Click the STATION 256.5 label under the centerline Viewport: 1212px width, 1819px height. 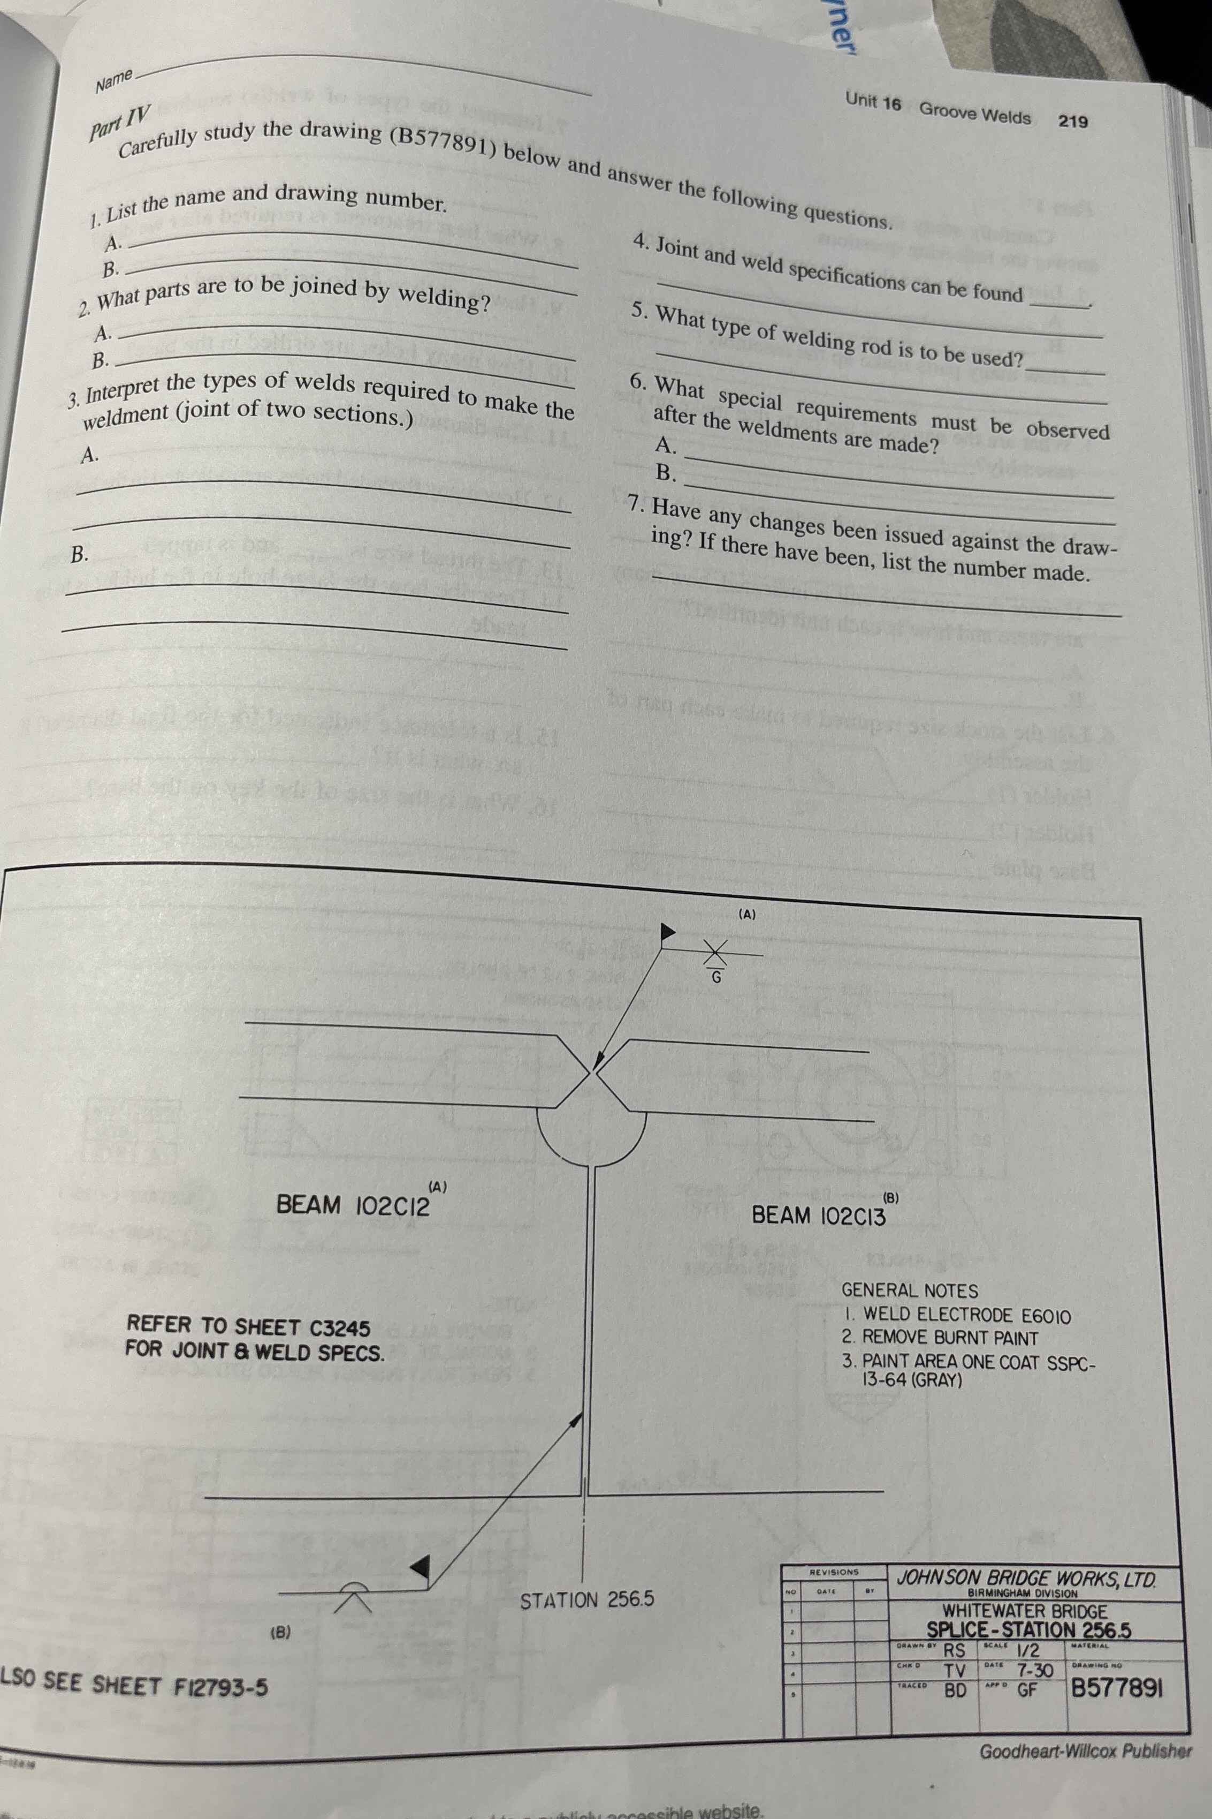(x=586, y=1600)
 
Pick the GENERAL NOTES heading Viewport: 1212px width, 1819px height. (x=910, y=1291)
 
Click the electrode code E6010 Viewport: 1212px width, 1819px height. (x=1046, y=1316)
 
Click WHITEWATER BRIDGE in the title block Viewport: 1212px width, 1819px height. (x=1024, y=1612)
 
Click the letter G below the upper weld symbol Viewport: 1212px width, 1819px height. (x=716, y=977)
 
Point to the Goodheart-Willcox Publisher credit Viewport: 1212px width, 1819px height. (x=1085, y=1751)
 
